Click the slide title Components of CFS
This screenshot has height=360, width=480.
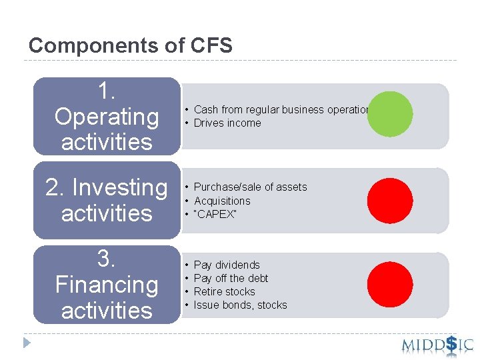[x=131, y=45]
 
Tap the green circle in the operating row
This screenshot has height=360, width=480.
[x=390, y=113]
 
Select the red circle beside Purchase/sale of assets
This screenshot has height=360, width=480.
[x=390, y=198]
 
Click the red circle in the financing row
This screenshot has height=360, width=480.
[x=390, y=284]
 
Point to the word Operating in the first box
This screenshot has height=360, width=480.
[x=107, y=117]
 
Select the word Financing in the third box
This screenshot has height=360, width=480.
[x=107, y=285]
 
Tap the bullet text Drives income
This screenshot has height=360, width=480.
[x=227, y=123]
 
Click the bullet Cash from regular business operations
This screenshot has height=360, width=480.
[x=280, y=110]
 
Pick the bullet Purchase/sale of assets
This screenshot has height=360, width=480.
[x=250, y=187]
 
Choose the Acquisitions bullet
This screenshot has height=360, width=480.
[x=222, y=201]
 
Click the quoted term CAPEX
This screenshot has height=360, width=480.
[x=215, y=214]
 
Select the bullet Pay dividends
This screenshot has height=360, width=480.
[x=227, y=265]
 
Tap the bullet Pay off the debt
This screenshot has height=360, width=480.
[x=231, y=279]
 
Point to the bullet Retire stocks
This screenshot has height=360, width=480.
[x=224, y=292]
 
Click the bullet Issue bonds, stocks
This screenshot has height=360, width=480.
[x=240, y=305]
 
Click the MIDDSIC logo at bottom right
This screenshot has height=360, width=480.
[x=437, y=345]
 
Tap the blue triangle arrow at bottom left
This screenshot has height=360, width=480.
[x=27, y=343]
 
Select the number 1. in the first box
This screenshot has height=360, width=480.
[x=107, y=91]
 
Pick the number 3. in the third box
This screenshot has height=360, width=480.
[x=107, y=259]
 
